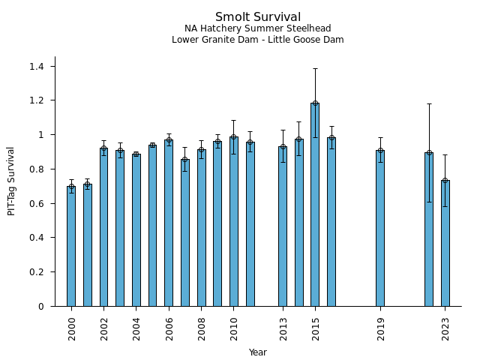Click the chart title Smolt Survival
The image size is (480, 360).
click(x=258, y=17)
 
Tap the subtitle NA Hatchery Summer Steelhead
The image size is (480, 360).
click(x=258, y=28)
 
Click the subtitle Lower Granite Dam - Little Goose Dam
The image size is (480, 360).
click(x=258, y=40)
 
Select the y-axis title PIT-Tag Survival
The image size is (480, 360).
click(x=11, y=181)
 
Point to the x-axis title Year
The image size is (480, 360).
click(x=258, y=352)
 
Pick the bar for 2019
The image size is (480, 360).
click(x=380, y=228)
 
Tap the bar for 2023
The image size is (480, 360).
click(x=445, y=243)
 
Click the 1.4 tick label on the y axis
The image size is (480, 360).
click(x=37, y=67)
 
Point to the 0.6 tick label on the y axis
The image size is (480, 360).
click(x=37, y=204)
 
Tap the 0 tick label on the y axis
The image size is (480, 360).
click(x=42, y=307)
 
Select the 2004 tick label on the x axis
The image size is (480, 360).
click(x=136, y=328)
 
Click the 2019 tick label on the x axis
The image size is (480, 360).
click(x=380, y=328)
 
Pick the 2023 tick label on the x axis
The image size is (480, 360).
click(x=445, y=328)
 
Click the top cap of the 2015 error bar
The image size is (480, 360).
click(x=315, y=69)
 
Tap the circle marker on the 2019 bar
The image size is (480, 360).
click(x=380, y=151)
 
